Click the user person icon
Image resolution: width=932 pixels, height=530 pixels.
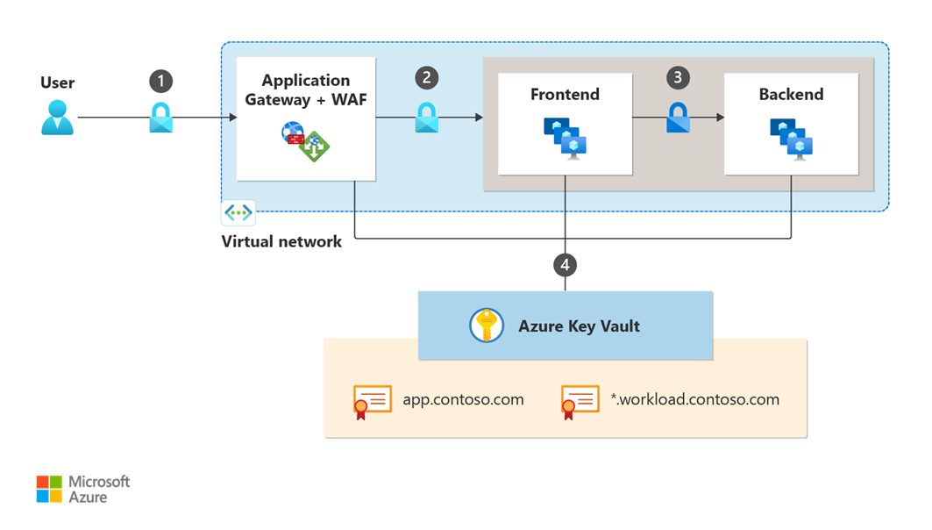[x=58, y=117]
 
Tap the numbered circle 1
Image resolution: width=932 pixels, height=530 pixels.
[x=160, y=82]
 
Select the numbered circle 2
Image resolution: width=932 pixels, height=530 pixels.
[x=426, y=77]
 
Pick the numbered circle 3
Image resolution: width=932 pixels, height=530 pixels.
[x=678, y=77]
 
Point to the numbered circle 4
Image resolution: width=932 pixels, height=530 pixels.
[x=566, y=262]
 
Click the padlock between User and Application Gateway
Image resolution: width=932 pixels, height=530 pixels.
[x=161, y=117]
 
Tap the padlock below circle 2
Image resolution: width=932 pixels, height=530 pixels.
[x=426, y=117]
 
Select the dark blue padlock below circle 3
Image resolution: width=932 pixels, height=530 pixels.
[x=678, y=117]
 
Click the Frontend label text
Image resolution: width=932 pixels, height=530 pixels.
[x=565, y=94]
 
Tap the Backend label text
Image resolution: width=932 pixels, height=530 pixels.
[x=791, y=94]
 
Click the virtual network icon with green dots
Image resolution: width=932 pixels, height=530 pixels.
[x=238, y=212]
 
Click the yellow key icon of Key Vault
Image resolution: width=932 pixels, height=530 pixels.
[x=485, y=326]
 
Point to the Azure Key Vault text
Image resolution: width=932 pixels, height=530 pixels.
[x=579, y=326]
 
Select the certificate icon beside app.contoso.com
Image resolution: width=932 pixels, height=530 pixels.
[x=372, y=402]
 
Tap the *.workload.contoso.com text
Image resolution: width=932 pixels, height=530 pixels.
[x=694, y=399]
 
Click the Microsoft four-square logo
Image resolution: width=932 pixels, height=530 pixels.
[x=49, y=489]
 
